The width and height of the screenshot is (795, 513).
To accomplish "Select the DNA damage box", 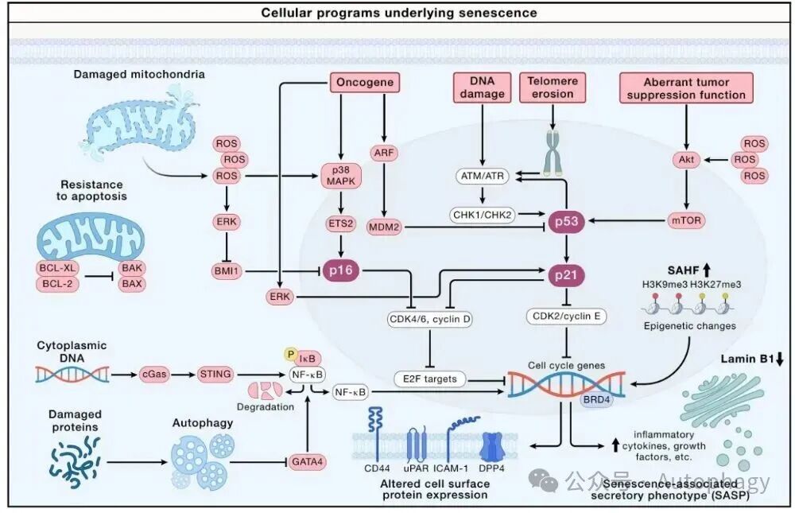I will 482,87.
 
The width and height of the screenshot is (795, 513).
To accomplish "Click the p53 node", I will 566,220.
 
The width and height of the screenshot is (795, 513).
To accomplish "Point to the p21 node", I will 566,275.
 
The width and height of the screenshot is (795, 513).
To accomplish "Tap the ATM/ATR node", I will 483,174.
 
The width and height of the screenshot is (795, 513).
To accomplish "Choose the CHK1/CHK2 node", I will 483,214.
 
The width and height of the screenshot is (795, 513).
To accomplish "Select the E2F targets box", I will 429,379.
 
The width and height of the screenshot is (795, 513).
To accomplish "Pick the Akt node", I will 685,159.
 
